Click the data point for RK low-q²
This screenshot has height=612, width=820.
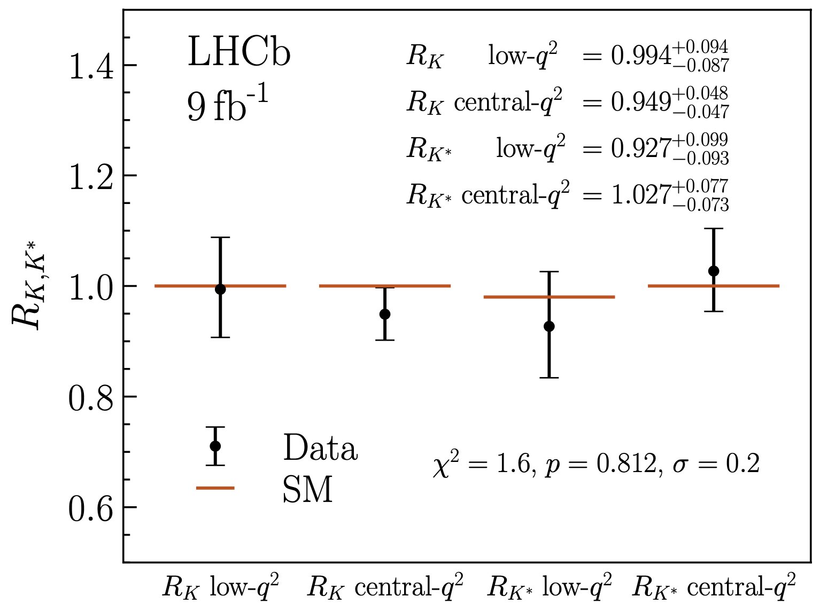coord(220,289)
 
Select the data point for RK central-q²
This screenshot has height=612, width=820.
coord(385,314)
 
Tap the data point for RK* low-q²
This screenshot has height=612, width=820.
coord(549,326)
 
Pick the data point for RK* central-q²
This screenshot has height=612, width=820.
coord(714,271)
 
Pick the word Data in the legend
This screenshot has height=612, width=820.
coord(320,448)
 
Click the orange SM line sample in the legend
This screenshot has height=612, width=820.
coord(215,488)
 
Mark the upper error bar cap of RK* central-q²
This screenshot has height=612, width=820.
coord(714,229)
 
